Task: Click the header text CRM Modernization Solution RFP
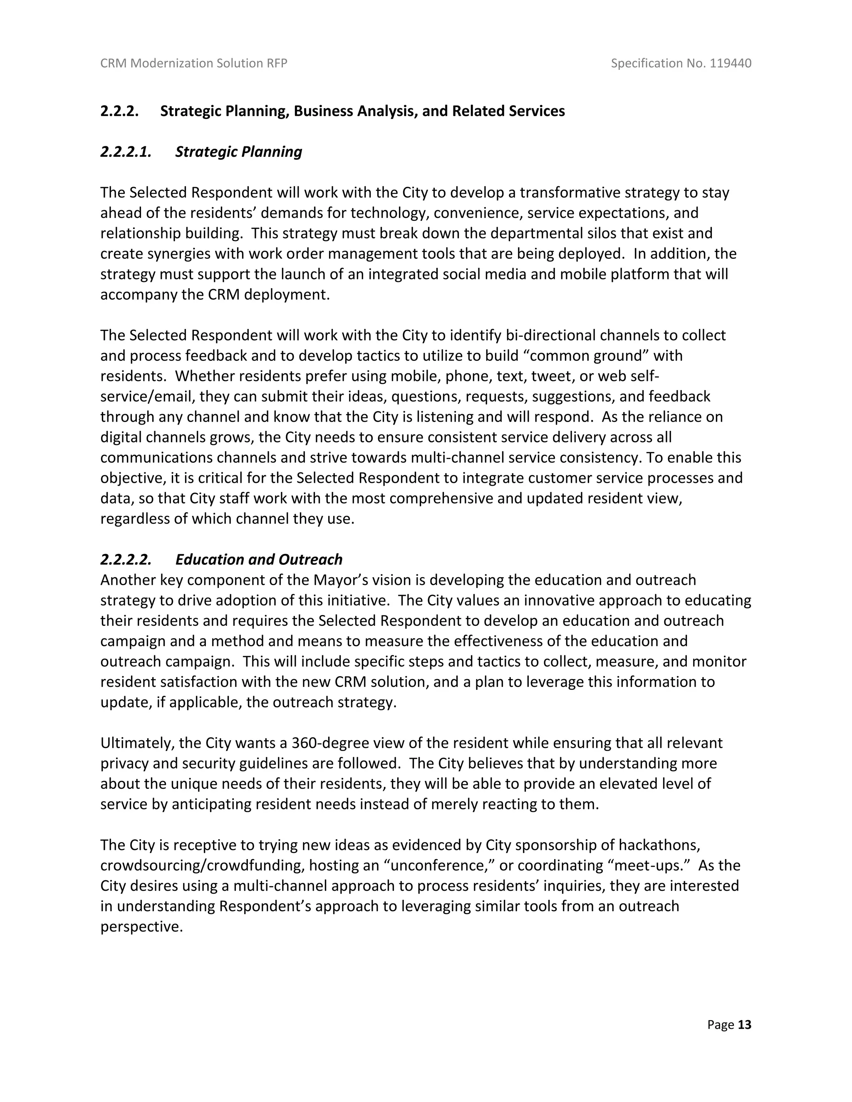coord(194,63)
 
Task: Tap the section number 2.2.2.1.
coord(126,151)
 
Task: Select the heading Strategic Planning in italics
coord(238,151)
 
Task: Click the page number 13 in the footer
coord(745,1024)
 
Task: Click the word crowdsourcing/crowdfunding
coord(203,865)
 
